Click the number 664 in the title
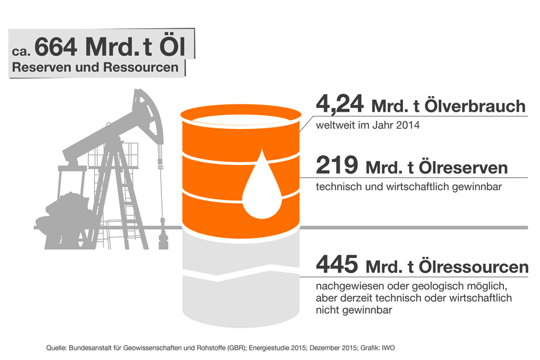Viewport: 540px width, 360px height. (x=55, y=47)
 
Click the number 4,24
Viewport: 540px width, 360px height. (x=340, y=104)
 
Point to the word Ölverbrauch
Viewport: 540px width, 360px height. (x=475, y=106)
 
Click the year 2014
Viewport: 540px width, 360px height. (x=408, y=125)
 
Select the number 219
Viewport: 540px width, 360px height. (x=337, y=165)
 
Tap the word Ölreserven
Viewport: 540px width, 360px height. (x=463, y=168)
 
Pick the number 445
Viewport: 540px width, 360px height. (x=337, y=264)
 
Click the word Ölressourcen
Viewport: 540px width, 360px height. (x=473, y=267)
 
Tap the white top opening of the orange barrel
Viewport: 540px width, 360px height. (x=241, y=119)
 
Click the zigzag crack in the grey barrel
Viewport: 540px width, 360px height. (x=241, y=273)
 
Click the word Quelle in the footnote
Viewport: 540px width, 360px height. (x=56, y=348)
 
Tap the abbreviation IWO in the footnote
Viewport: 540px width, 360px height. (x=388, y=348)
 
